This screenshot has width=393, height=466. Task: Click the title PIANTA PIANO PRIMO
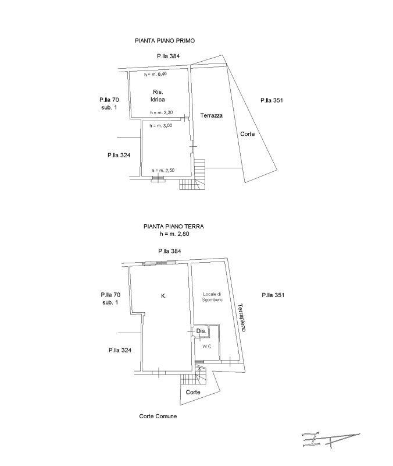click(x=165, y=41)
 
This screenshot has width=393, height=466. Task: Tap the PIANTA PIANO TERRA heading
click(x=174, y=227)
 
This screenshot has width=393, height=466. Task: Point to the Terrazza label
click(x=211, y=116)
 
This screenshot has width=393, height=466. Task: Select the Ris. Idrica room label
click(x=158, y=96)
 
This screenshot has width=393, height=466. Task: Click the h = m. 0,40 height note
click(x=156, y=74)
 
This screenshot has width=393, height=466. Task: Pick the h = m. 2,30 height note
click(x=162, y=112)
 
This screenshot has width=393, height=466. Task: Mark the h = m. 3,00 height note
click(x=162, y=125)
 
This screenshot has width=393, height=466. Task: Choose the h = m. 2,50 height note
click(x=163, y=170)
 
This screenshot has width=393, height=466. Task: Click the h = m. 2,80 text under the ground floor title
click(x=174, y=234)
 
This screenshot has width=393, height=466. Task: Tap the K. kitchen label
click(x=163, y=296)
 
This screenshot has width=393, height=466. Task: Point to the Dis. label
click(x=201, y=331)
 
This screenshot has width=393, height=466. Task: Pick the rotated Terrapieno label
click(x=242, y=317)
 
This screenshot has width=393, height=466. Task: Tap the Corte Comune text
click(x=158, y=416)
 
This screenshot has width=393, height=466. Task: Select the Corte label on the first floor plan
click(x=247, y=134)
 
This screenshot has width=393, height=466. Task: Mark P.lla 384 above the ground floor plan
click(x=170, y=251)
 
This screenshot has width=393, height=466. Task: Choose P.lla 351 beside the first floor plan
click(x=271, y=100)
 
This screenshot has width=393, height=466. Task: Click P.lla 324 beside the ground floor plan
click(x=119, y=350)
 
